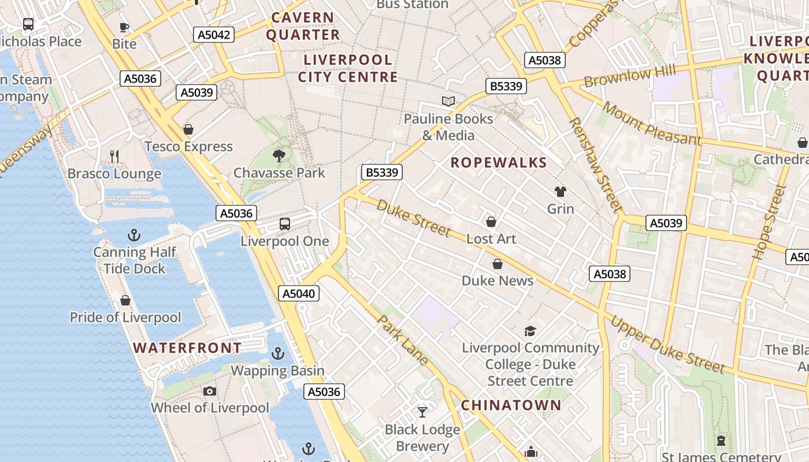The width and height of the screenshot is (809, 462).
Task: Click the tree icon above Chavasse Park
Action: pyautogui.click(x=279, y=155)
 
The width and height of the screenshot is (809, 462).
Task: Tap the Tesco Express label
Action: pyautogui.click(x=188, y=147)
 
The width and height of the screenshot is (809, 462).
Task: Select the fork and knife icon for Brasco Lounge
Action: pyautogui.click(x=114, y=156)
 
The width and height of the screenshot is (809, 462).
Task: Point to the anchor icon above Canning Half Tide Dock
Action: pyautogui.click(x=134, y=235)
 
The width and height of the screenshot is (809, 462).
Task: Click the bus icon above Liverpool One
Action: pyautogui.click(x=284, y=224)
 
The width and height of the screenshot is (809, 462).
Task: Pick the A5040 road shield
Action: pyautogui.click(x=299, y=293)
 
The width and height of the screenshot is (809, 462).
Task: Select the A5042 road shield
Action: pyautogui.click(x=214, y=35)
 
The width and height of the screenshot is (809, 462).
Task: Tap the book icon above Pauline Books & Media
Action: pyautogui.click(x=448, y=102)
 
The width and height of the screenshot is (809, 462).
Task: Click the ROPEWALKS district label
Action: pyautogui.click(x=499, y=163)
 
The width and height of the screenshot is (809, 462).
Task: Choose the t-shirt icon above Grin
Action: pyautogui.click(x=560, y=192)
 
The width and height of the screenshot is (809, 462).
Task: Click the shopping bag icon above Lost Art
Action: pyautogui.click(x=491, y=222)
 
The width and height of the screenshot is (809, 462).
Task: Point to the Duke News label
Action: pyautogui.click(x=497, y=281)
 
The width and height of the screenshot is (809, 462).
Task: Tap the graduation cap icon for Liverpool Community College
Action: pyautogui.click(x=530, y=331)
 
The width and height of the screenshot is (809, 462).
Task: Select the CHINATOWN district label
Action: pyautogui.click(x=511, y=405)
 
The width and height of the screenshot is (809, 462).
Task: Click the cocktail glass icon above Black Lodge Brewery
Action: pyautogui.click(x=422, y=412)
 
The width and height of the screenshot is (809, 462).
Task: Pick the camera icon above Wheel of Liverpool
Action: pyautogui.click(x=210, y=392)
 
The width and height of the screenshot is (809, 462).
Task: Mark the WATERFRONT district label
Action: pyautogui.click(x=187, y=348)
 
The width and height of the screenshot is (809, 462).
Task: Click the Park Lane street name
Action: pyautogui.click(x=403, y=341)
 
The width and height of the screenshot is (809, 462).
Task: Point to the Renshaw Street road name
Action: pyautogui.click(x=595, y=165)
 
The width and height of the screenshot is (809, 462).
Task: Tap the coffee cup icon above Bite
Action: pyautogui.click(x=124, y=27)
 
